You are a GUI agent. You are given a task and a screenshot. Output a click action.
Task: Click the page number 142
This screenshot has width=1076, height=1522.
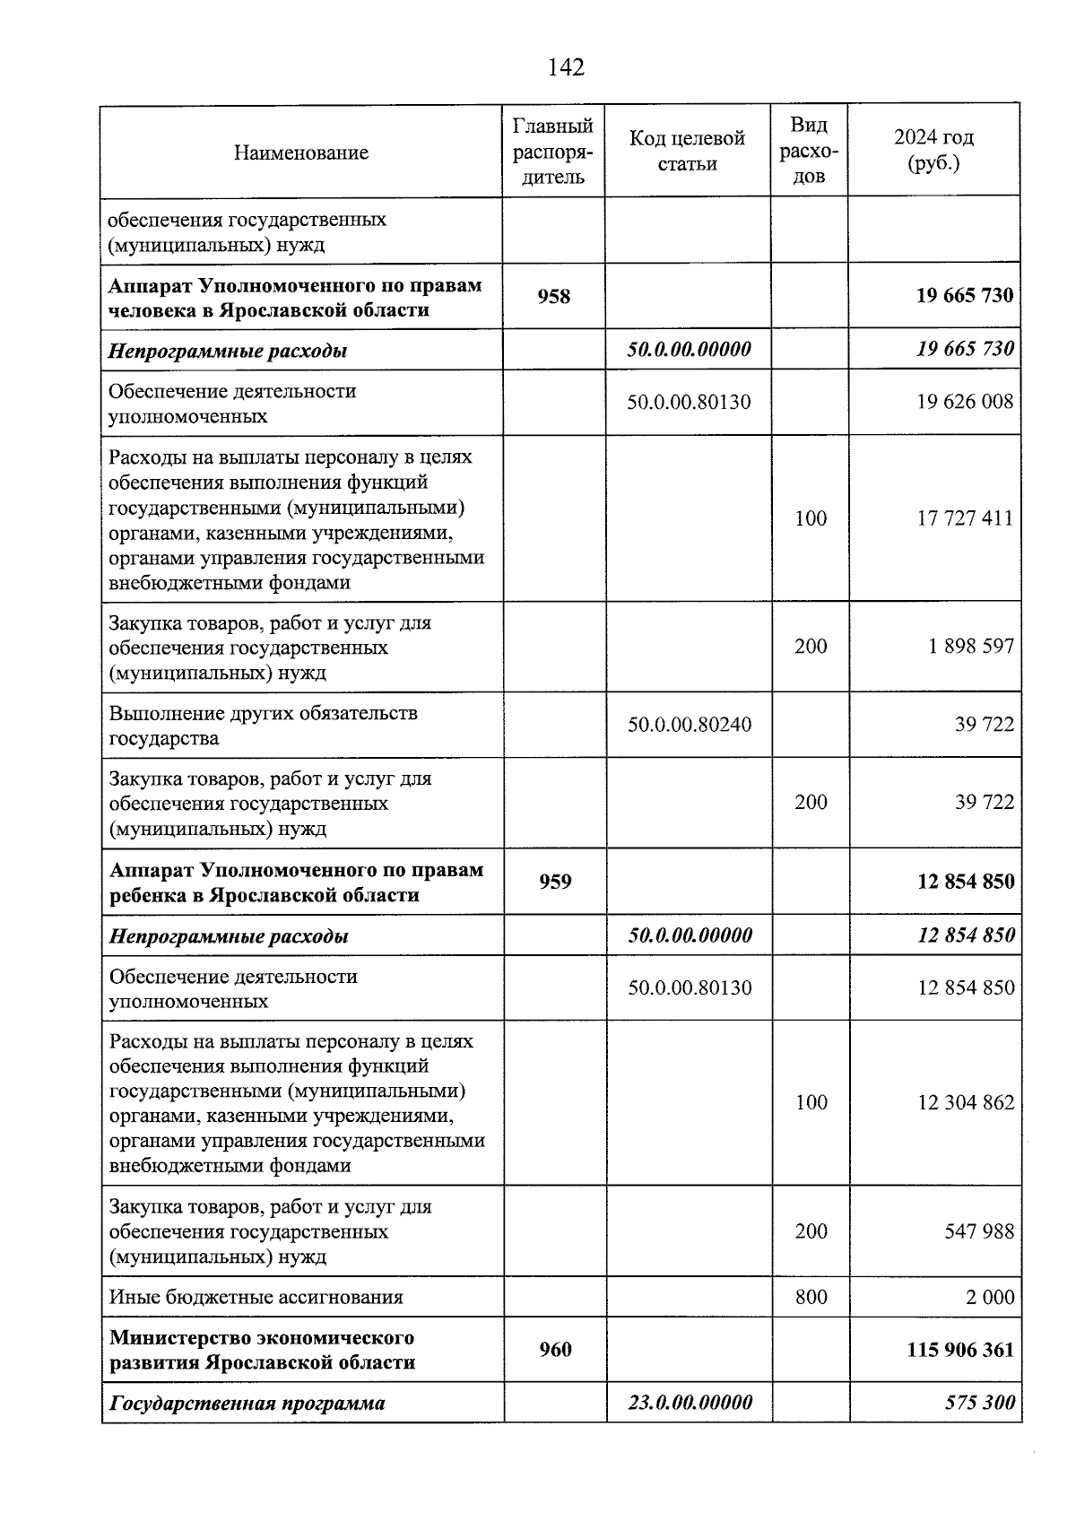(x=565, y=67)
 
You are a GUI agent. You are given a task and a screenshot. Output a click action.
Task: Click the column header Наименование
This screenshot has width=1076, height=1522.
(x=300, y=152)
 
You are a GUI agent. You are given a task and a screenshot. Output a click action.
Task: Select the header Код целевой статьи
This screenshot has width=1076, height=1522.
(x=687, y=151)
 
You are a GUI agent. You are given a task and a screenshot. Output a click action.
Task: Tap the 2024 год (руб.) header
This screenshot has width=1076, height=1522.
(x=933, y=151)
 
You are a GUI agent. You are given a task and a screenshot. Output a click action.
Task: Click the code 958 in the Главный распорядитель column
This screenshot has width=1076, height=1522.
(x=554, y=296)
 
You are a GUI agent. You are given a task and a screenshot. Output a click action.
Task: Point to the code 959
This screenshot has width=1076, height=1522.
(x=555, y=882)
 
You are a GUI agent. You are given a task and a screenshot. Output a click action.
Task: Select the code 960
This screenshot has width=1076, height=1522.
(x=555, y=1349)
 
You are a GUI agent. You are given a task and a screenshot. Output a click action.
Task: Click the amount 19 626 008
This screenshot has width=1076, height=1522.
(x=965, y=402)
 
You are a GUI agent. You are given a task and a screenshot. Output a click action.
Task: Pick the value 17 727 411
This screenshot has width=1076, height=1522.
(x=965, y=518)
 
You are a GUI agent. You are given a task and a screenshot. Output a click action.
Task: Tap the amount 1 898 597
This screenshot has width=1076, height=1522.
(x=971, y=647)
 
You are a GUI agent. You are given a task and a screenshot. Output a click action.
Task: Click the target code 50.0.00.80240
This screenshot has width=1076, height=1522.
(x=690, y=725)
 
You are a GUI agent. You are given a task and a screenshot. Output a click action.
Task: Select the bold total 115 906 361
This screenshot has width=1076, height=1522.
(x=960, y=1350)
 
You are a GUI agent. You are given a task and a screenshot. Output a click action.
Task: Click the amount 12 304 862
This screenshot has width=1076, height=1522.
(x=966, y=1103)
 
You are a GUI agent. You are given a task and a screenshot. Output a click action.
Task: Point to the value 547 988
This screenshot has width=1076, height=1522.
(x=979, y=1231)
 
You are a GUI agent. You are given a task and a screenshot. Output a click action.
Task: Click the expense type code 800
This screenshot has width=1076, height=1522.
(x=811, y=1297)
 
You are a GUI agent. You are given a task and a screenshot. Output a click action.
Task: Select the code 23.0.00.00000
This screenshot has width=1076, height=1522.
(x=690, y=1403)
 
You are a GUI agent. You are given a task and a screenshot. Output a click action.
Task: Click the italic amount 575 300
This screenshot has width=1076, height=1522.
(x=980, y=1403)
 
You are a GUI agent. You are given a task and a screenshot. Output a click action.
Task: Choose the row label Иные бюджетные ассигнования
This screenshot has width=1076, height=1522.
(x=256, y=1297)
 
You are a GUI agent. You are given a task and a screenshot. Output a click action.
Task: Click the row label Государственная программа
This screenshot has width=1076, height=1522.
(x=247, y=1404)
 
